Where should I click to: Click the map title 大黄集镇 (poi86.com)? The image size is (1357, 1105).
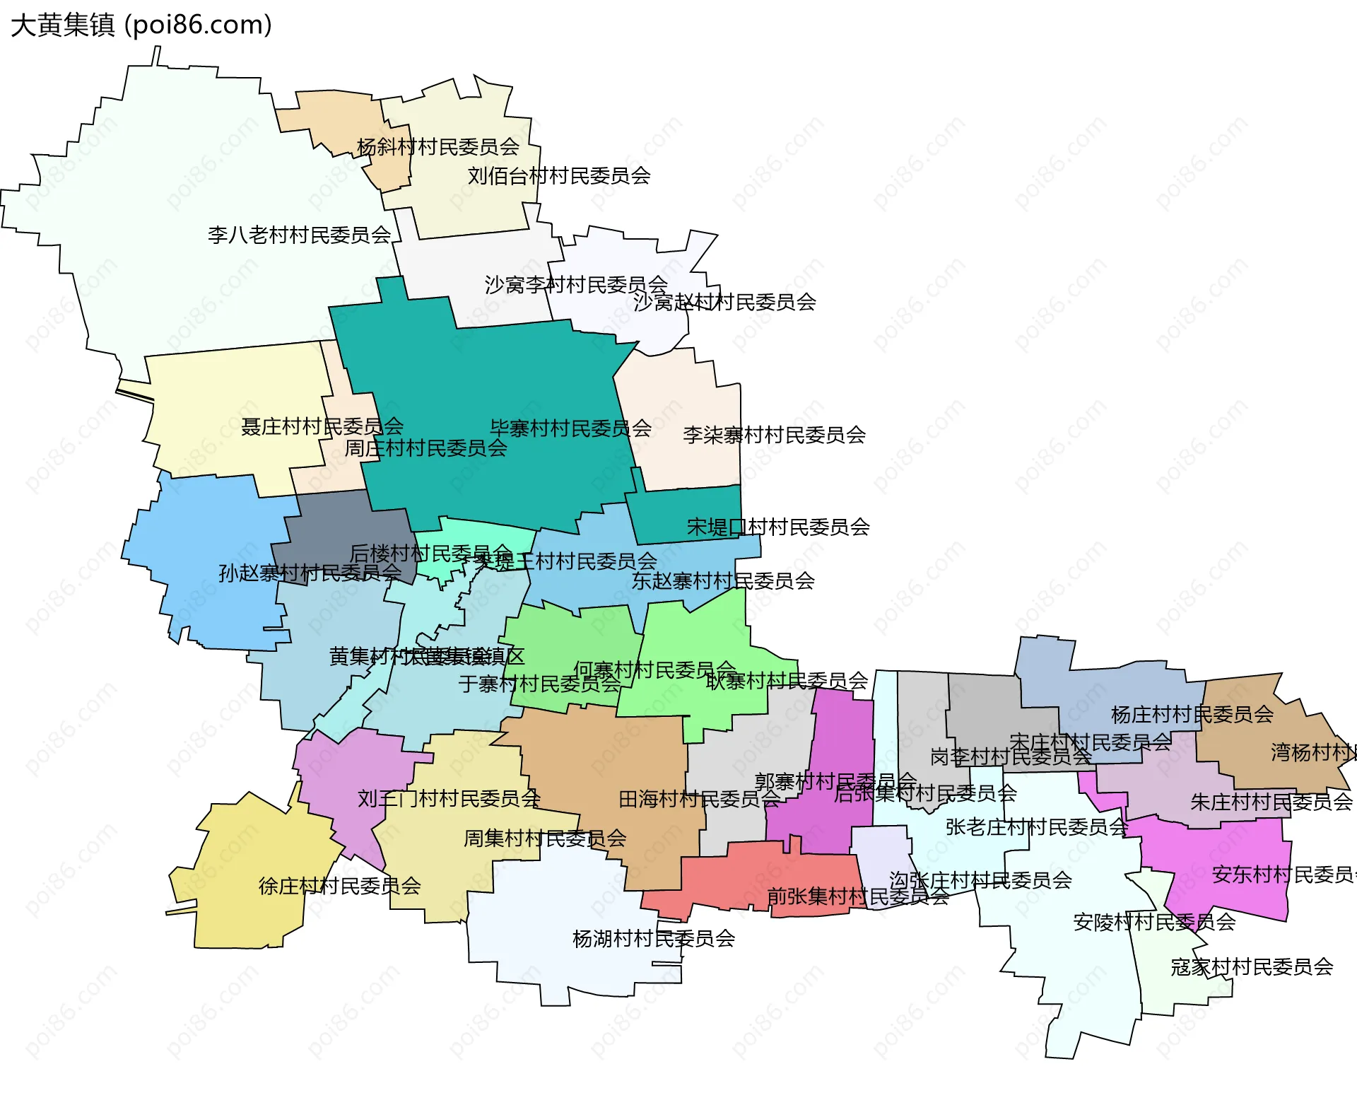tap(141, 25)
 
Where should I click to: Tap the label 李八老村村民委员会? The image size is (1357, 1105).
tap(299, 235)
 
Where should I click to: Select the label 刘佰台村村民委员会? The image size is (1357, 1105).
tap(558, 175)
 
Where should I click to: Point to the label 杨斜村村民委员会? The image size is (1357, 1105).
tap(437, 147)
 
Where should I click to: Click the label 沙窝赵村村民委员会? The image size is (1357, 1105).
tap(724, 303)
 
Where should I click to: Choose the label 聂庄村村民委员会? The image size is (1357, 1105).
tap(322, 426)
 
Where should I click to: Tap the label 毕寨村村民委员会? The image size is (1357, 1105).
tap(570, 428)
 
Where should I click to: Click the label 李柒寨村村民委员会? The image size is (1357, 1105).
tap(774, 435)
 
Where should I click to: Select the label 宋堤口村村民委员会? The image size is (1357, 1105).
tap(777, 527)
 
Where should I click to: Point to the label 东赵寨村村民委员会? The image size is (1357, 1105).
tap(722, 581)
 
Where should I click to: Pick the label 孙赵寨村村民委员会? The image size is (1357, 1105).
tap(310, 573)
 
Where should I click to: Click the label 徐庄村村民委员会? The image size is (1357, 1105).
tap(339, 886)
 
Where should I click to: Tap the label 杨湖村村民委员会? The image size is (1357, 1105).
tap(653, 939)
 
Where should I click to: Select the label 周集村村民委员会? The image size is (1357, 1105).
tap(544, 838)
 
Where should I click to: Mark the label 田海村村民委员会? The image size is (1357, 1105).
tap(698, 799)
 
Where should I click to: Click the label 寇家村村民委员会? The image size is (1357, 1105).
tap(1251, 967)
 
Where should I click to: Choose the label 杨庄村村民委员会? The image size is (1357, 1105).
tap(1192, 715)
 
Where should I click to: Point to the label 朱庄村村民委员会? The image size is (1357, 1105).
tap(1271, 802)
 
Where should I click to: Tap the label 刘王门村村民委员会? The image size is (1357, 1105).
tap(449, 799)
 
